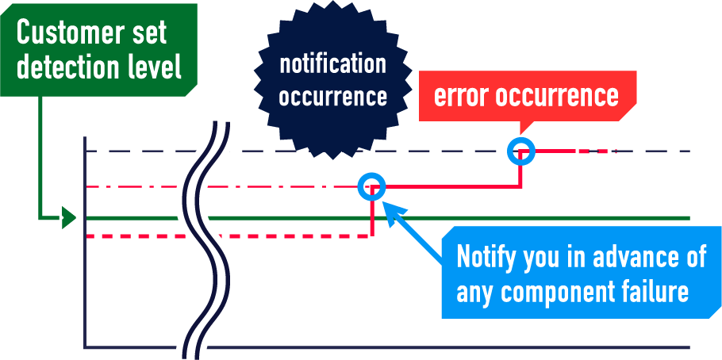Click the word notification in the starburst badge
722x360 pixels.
pyautogui.click(x=332, y=63)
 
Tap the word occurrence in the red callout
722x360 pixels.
pyautogui.click(x=557, y=95)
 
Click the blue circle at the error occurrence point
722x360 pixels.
pyautogui.click(x=521, y=150)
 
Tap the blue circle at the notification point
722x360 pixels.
pyautogui.click(x=371, y=187)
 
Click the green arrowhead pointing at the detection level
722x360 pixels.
pyautogui.click(x=69, y=217)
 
